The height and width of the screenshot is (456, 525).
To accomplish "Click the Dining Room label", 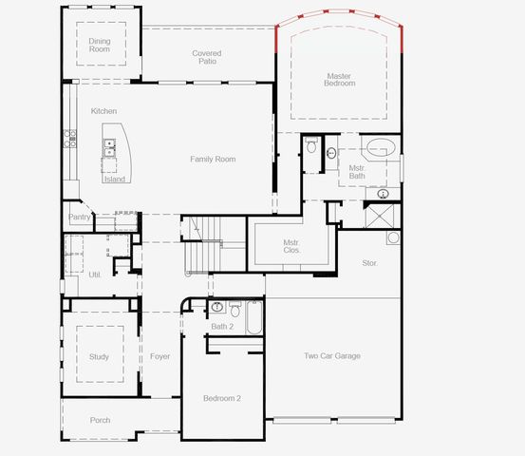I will (100, 45).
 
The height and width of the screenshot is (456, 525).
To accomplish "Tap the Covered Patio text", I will (208, 57).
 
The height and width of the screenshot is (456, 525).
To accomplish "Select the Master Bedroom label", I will (340, 80).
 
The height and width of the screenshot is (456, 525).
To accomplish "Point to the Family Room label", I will (213, 160).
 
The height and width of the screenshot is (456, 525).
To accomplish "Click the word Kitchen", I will (103, 111).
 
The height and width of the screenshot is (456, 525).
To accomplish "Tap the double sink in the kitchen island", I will (111, 147).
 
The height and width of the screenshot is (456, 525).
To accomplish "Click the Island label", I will (114, 179).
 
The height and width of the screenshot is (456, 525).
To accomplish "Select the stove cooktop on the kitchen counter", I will (69, 139).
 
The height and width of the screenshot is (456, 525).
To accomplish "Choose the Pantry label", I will (80, 218).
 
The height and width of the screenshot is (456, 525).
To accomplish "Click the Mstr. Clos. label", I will (291, 246).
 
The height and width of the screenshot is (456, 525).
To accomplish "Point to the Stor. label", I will (369, 262).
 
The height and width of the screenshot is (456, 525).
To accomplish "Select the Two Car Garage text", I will (332, 356).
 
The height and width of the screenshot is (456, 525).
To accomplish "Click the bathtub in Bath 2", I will (254, 318).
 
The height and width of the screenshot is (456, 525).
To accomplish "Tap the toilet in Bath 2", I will (217, 308).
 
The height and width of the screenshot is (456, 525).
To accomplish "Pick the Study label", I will (99, 357).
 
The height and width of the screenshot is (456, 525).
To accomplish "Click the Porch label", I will (100, 420).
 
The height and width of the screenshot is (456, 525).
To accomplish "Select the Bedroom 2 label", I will (221, 398).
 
